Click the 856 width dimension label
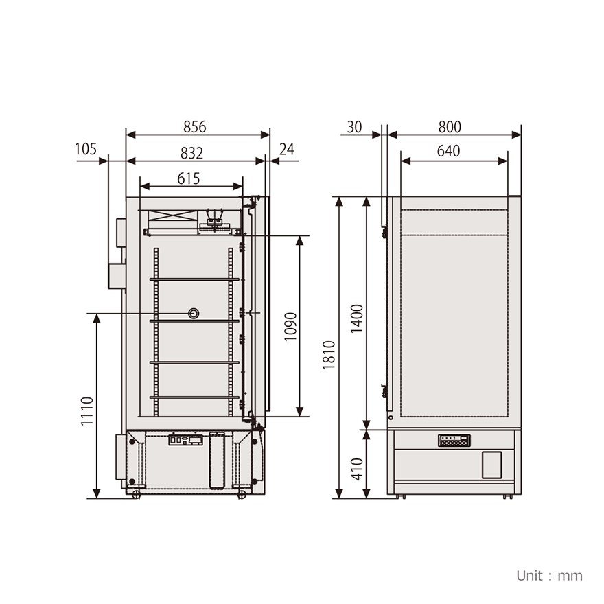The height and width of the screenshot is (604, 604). coord(194,127)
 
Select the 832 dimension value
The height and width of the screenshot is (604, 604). coord(192,152)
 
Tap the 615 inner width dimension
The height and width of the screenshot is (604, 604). coord(188,178)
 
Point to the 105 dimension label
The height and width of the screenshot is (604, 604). coord(86,149)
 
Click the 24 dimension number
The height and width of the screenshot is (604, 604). coord(286,149)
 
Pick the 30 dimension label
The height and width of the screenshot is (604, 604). coord(354,127)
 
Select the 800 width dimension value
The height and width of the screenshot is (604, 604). coord(450,127)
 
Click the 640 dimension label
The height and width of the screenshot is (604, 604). coord(449,152)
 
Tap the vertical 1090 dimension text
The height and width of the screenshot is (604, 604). coord(290,327)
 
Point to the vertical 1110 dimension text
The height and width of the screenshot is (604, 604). coord(87,410)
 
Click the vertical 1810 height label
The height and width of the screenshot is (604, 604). coord(329,355)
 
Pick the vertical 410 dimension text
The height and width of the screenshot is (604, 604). coord(357,468)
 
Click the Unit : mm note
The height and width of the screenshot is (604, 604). coord(549,575)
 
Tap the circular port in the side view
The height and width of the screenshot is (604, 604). coord(195,314)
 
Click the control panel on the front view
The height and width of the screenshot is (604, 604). coord(454,440)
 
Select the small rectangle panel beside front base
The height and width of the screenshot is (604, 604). coord(491,465)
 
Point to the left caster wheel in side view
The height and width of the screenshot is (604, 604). coord(136,494)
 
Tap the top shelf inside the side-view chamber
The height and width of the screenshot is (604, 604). coord(194,279)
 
